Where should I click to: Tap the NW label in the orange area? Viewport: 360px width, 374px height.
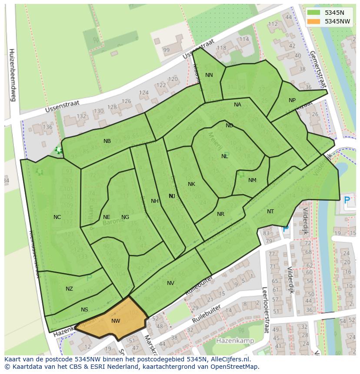(116, 321)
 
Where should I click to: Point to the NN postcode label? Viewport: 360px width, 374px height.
(209, 75)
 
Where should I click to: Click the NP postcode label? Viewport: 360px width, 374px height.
(292, 100)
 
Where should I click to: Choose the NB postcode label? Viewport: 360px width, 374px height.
(107, 141)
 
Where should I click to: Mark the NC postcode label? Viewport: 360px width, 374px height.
(57, 217)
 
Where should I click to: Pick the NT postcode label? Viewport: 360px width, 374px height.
(270, 212)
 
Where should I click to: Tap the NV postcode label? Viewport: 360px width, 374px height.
(170, 283)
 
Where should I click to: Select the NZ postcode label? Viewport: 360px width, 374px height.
(69, 289)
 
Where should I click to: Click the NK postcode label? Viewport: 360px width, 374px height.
(191, 184)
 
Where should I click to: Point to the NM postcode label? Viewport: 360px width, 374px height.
(252, 180)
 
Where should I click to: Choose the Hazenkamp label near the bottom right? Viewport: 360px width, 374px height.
(234, 341)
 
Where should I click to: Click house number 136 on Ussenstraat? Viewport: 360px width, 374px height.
(47, 127)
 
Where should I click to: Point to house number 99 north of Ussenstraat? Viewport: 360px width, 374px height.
(166, 50)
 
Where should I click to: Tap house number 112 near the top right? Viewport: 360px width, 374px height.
(273, 24)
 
